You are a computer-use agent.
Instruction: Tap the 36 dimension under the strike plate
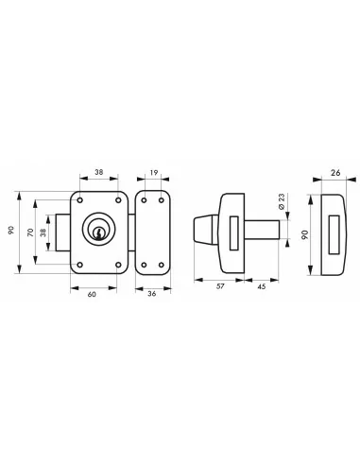click(x=151, y=293)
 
